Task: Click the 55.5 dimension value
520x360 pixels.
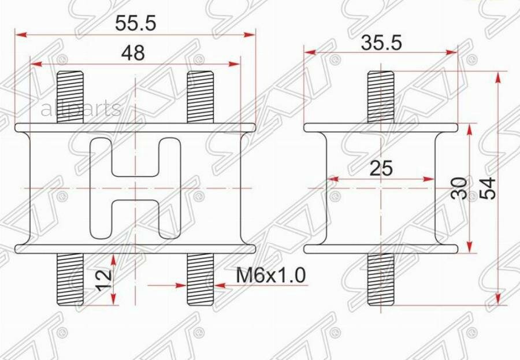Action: tap(136, 24)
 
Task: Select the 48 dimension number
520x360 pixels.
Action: tap(133, 53)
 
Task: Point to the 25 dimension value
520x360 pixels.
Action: tap(381, 168)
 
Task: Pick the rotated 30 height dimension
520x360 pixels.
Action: tap(459, 188)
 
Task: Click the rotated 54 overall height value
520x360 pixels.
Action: tap(489, 188)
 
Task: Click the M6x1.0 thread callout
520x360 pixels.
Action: tap(270, 276)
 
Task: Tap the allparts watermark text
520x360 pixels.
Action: tap(80, 108)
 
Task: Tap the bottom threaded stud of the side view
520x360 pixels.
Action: tap(381, 280)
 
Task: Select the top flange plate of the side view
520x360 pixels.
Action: tap(381, 127)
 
